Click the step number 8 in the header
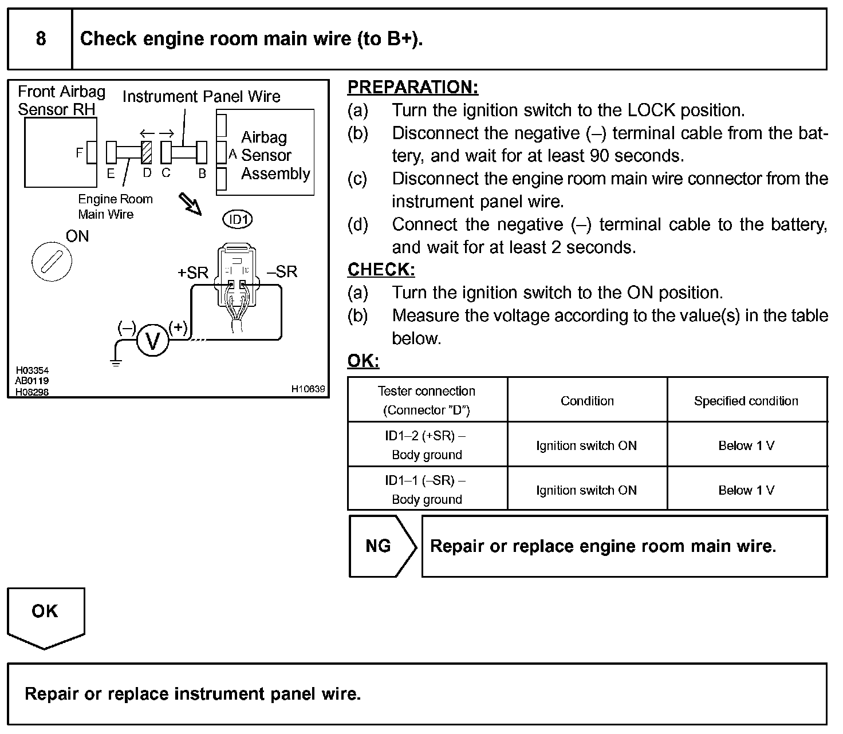(41, 38)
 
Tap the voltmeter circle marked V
(153, 341)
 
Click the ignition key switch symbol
(52, 263)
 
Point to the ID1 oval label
(237, 220)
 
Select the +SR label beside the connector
(193, 273)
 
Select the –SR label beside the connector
(282, 271)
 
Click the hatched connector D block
(147, 152)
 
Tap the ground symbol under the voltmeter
(116, 362)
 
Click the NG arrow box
(382, 546)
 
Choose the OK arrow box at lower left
(45, 616)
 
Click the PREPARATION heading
(413, 87)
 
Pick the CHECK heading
(381, 270)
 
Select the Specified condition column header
(746, 401)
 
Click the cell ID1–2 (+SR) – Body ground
(427, 445)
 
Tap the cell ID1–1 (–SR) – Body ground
(427, 490)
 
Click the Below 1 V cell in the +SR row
(746, 445)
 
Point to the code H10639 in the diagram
(308, 389)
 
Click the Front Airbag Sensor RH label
(61, 100)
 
